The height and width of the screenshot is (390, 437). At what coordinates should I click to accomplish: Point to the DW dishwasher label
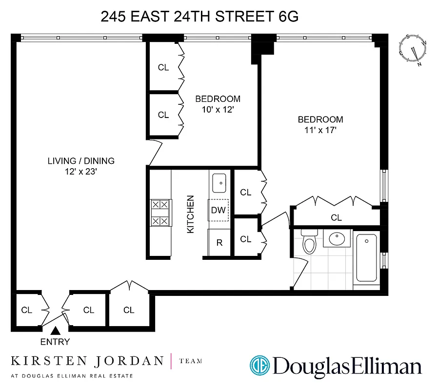click(218, 211)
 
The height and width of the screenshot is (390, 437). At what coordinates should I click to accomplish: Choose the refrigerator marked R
click(219, 242)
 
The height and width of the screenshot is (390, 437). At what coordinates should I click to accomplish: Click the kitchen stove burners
click(160, 213)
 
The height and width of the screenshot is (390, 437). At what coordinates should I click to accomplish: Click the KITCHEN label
click(191, 214)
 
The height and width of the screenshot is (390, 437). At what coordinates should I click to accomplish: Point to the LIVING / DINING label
click(81, 161)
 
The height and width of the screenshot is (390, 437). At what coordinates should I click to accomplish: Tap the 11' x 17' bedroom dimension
click(320, 130)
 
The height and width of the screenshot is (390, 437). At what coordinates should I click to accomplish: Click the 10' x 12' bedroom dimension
click(218, 110)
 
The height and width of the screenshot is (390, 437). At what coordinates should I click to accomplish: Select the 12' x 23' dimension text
click(81, 172)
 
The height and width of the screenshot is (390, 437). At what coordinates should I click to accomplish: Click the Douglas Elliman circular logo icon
click(259, 366)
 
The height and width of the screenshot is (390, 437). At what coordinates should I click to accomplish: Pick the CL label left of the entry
click(27, 310)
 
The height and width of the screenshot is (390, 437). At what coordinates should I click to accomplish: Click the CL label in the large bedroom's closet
click(336, 217)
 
